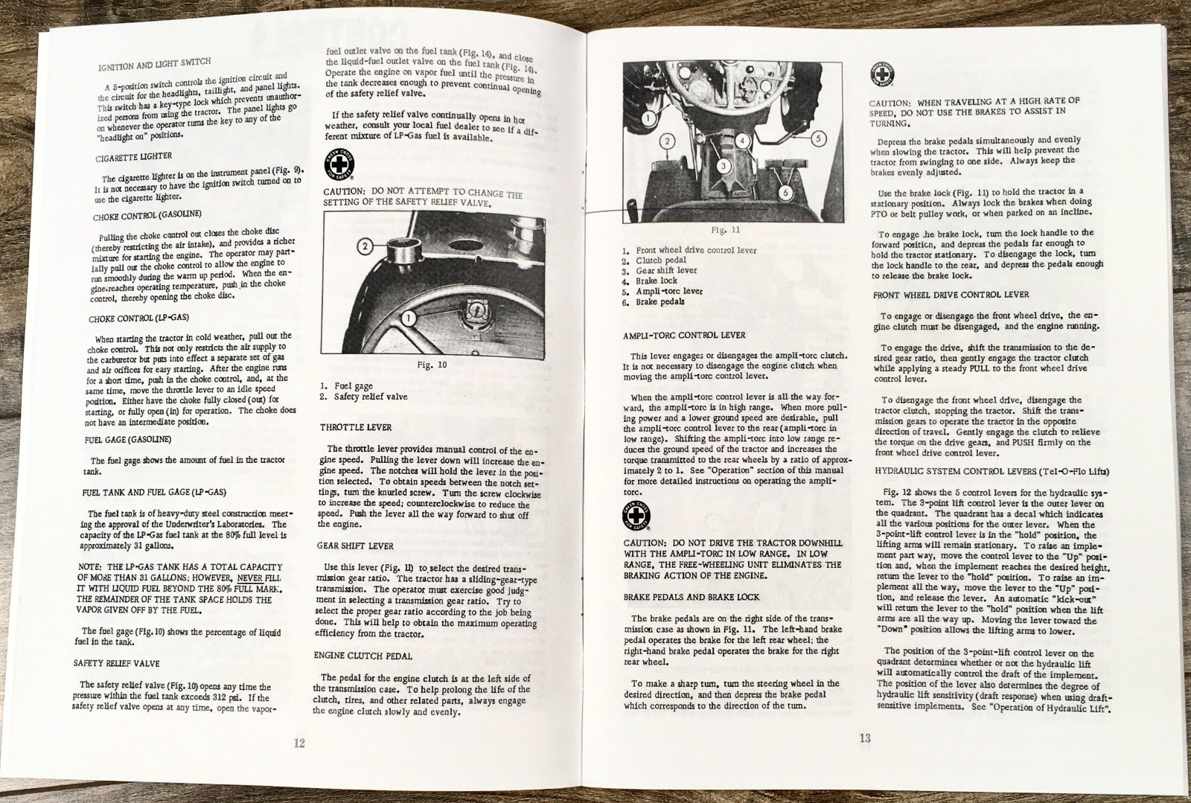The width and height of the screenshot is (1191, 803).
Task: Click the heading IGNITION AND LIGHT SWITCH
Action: click(154, 65)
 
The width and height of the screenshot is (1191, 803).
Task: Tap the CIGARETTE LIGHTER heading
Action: click(133, 158)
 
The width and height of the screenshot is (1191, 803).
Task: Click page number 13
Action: click(864, 738)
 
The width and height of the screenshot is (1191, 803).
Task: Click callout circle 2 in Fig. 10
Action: click(365, 246)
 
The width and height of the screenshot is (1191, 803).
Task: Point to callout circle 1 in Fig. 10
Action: click(407, 319)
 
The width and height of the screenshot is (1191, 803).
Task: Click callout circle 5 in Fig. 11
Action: click(817, 138)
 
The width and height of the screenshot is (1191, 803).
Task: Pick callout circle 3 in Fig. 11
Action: click(721, 165)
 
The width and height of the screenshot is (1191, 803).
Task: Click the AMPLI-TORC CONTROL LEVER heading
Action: click(684, 335)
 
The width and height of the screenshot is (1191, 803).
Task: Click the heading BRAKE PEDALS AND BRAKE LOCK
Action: click(692, 597)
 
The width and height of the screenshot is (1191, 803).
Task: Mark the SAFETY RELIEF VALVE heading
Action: click(116, 663)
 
